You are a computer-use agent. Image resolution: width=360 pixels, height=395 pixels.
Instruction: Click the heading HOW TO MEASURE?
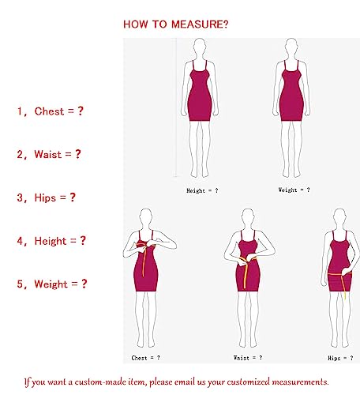click(176, 24)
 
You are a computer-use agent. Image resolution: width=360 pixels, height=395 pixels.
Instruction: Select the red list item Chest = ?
click(50, 111)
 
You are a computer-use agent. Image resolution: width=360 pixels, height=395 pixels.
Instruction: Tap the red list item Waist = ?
click(49, 154)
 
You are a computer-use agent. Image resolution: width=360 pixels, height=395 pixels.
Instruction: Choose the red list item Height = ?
click(51, 240)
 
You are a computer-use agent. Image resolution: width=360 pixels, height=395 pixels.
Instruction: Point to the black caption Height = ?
click(202, 190)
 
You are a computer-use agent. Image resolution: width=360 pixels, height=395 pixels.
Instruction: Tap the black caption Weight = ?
click(294, 190)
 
